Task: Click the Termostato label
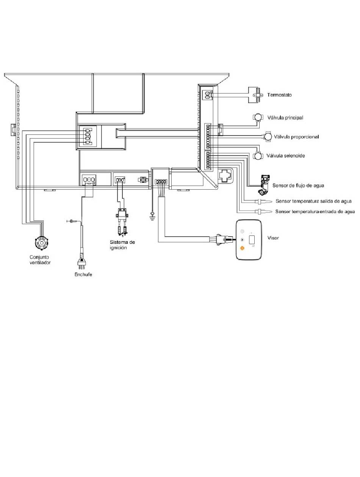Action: pos(279,95)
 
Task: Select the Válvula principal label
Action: pos(285,118)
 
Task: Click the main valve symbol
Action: pos(258,117)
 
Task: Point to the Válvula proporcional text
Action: pos(296,137)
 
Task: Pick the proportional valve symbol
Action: pos(268,136)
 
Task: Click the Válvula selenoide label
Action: pos(286,156)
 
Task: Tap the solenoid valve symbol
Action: pos(258,156)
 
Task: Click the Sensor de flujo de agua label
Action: pos(298,185)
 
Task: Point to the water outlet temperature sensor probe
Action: pos(263,201)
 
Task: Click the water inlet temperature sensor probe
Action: pos(263,211)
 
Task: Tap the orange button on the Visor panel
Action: pos(242,248)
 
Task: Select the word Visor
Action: pos(273,238)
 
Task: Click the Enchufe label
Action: pos(83,274)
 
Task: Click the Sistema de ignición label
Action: pos(122,245)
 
